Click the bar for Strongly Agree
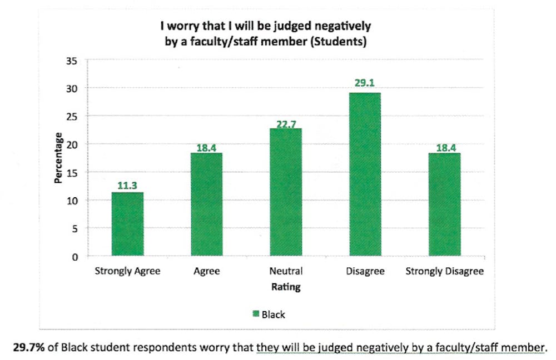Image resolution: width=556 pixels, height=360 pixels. point(127,224)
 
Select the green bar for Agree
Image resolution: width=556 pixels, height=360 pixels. point(206,204)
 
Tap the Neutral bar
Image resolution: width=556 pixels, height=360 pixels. point(286,192)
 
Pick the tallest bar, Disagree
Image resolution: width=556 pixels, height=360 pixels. point(365,174)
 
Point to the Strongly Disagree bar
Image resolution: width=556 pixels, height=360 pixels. point(444,204)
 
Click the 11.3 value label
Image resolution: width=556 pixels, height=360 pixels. point(127,186)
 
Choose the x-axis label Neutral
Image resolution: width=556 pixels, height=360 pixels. point(286,272)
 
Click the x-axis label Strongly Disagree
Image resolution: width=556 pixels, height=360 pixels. point(444,272)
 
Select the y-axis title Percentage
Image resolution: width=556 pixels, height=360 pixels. point(58,158)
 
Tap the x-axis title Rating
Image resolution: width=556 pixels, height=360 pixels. point(286,287)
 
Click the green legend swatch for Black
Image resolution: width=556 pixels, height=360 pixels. point(256,314)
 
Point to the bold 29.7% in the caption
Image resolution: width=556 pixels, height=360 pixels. point(28,348)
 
